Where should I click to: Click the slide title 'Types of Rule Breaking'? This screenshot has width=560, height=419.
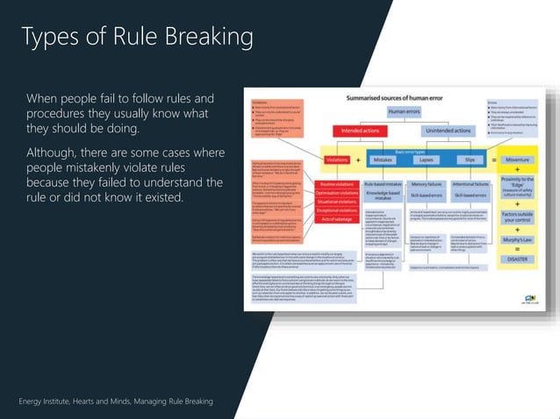[137, 37]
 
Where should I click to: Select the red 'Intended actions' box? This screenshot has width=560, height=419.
[359, 130]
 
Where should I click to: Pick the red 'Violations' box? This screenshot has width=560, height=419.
[336, 160]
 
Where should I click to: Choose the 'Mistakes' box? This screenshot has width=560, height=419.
[383, 160]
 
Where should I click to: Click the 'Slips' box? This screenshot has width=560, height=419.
[470, 160]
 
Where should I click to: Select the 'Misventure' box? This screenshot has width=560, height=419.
[524, 160]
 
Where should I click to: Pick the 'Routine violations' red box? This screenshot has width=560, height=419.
[337, 185]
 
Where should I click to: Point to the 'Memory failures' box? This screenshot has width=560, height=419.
[426, 185]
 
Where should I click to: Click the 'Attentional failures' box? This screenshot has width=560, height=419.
[470, 185]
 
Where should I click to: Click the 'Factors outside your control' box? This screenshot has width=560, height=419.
[524, 216]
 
